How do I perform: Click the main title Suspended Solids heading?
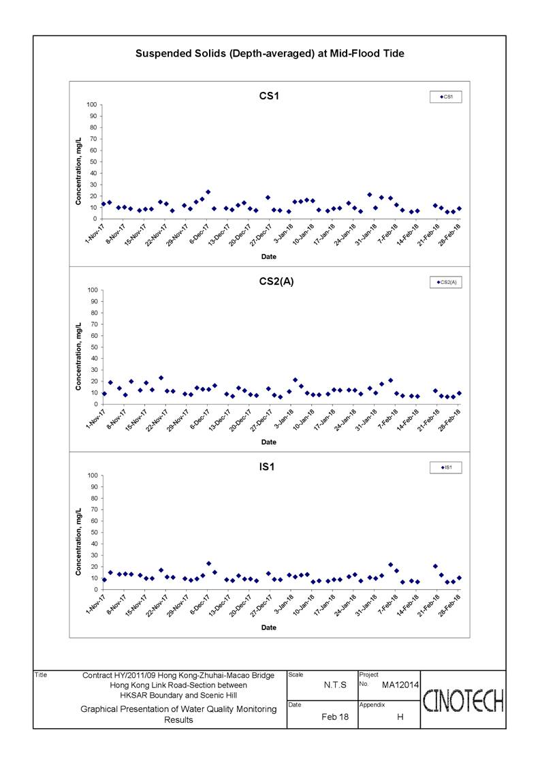[270, 54]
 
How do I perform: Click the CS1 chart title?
[269, 95]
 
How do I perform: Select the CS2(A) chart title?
[276, 281]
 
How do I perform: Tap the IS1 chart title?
[267, 467]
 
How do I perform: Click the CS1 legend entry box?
[445, 97]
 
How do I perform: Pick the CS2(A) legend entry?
[445, 282]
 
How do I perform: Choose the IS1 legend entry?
[445, 467]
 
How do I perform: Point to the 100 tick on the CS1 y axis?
[92, 104]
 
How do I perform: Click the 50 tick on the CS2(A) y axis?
[93, 347]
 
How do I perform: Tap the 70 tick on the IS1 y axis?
[93, 510]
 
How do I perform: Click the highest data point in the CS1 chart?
[208, 192]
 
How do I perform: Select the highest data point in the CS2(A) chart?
[161, 377]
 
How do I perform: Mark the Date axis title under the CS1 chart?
[269, 257]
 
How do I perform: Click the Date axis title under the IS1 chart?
[269, 627]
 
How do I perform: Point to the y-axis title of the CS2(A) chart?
[78, 357]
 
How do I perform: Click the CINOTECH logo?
[463, 700]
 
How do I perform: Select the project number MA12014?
[400, 685]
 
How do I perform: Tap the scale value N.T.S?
[335, 685]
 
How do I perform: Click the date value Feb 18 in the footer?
[335, 717]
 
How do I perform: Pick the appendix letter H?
[400, 717]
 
